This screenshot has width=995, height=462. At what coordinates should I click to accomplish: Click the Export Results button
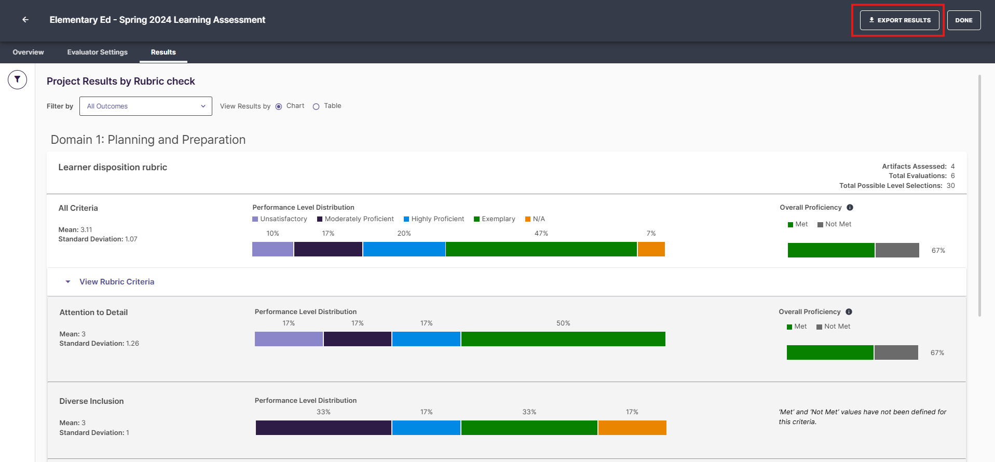coord(899,20)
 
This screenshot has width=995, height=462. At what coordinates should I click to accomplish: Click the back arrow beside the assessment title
coord(25,20)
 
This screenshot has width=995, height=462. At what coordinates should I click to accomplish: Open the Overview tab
coord(28,52)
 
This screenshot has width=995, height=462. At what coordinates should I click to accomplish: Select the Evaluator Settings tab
coord(98,52)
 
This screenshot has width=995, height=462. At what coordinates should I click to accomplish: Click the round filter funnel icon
coord(17,79)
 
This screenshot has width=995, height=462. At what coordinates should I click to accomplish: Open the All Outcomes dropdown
coord(146,106)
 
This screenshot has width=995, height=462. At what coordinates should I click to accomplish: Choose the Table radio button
coord(316,106)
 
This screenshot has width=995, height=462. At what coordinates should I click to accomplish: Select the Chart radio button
coord(279,106)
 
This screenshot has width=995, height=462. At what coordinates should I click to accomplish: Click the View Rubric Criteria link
coord(117,282)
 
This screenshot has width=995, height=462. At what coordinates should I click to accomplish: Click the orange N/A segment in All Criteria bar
coord(651,249)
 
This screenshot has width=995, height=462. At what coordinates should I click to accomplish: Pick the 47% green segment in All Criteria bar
coord(541,249)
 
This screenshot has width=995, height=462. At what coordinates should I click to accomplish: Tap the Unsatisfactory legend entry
coord(280,219)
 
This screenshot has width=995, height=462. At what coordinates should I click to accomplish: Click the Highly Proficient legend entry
coord(434,219)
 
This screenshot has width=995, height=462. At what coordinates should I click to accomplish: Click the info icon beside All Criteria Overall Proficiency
coord(850,208)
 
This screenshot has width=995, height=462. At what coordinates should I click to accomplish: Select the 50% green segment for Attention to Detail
coord(563,339)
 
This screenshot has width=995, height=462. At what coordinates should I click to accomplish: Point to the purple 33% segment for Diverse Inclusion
coord(323,428)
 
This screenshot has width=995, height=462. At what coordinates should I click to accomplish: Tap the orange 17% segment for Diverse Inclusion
coord(632,428)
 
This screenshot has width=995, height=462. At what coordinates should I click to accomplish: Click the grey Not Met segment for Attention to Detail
coord(896,352)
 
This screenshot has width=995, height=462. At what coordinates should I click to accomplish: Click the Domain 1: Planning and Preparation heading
coord(148,140)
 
